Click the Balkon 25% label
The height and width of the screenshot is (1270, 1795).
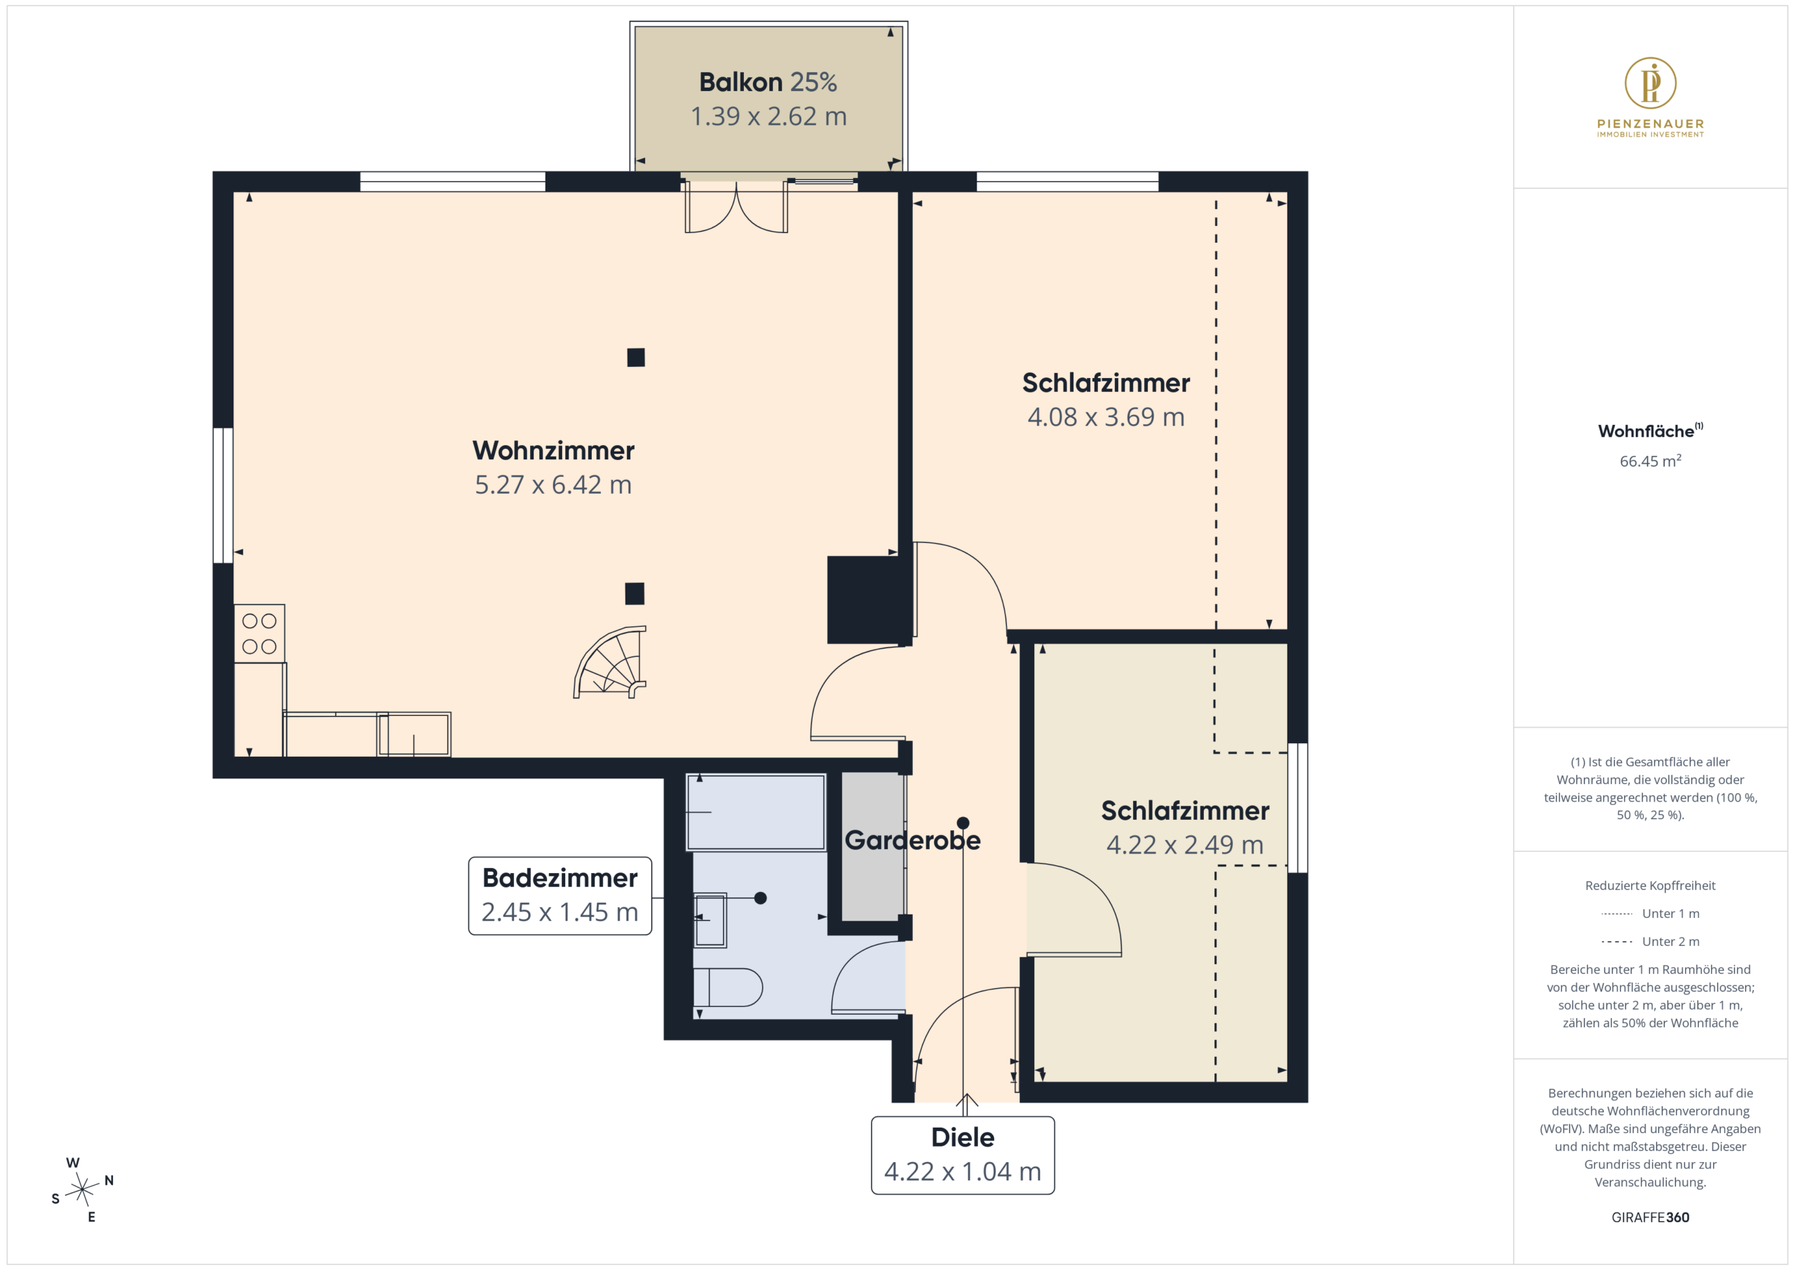pos(768,82)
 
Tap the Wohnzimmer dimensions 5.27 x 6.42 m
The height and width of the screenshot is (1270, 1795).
pos(553,485)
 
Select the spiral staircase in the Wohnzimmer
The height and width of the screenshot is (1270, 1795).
pos(611,661)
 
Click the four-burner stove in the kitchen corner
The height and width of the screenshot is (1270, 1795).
pos(259,633)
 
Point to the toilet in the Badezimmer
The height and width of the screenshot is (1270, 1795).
pos(728,987)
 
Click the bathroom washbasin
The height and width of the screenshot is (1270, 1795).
pos(710,919)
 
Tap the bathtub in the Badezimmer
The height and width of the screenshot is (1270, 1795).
pos(756,812)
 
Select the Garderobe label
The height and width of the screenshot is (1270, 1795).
pos(912,840)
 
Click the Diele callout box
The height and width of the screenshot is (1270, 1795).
pos(963,1155)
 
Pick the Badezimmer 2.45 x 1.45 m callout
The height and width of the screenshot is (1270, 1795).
pos(560,896)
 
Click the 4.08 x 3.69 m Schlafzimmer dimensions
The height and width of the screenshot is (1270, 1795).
pos(1106,417)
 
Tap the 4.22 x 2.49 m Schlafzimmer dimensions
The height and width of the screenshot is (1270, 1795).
pos(1184,844)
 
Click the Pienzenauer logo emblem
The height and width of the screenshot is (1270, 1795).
pos(1650,82)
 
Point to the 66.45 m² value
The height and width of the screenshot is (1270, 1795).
pos(1650,461)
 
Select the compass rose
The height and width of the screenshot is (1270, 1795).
pos(82,1189)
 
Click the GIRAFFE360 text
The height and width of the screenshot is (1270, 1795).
pos(1650,1217)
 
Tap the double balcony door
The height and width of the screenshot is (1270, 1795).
pos(736,208)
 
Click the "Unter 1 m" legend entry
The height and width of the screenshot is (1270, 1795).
pos(1650,913)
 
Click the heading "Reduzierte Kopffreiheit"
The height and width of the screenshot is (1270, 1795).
pos(1650,885)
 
